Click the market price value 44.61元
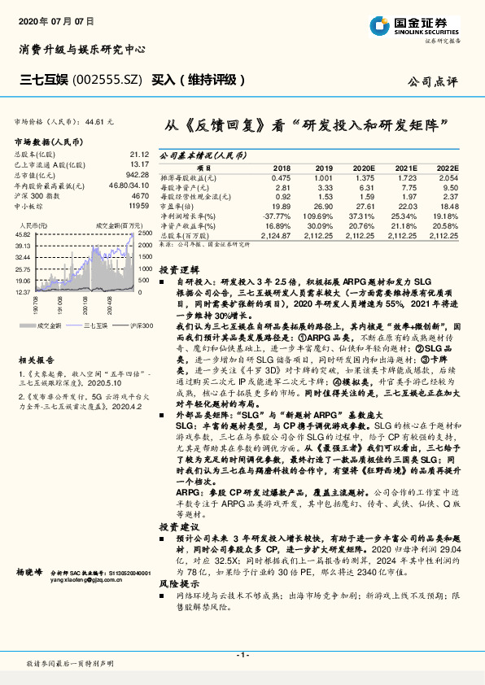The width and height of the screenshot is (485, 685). (x=97, y=120)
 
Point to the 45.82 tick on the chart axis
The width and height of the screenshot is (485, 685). (x=23, y=233)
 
